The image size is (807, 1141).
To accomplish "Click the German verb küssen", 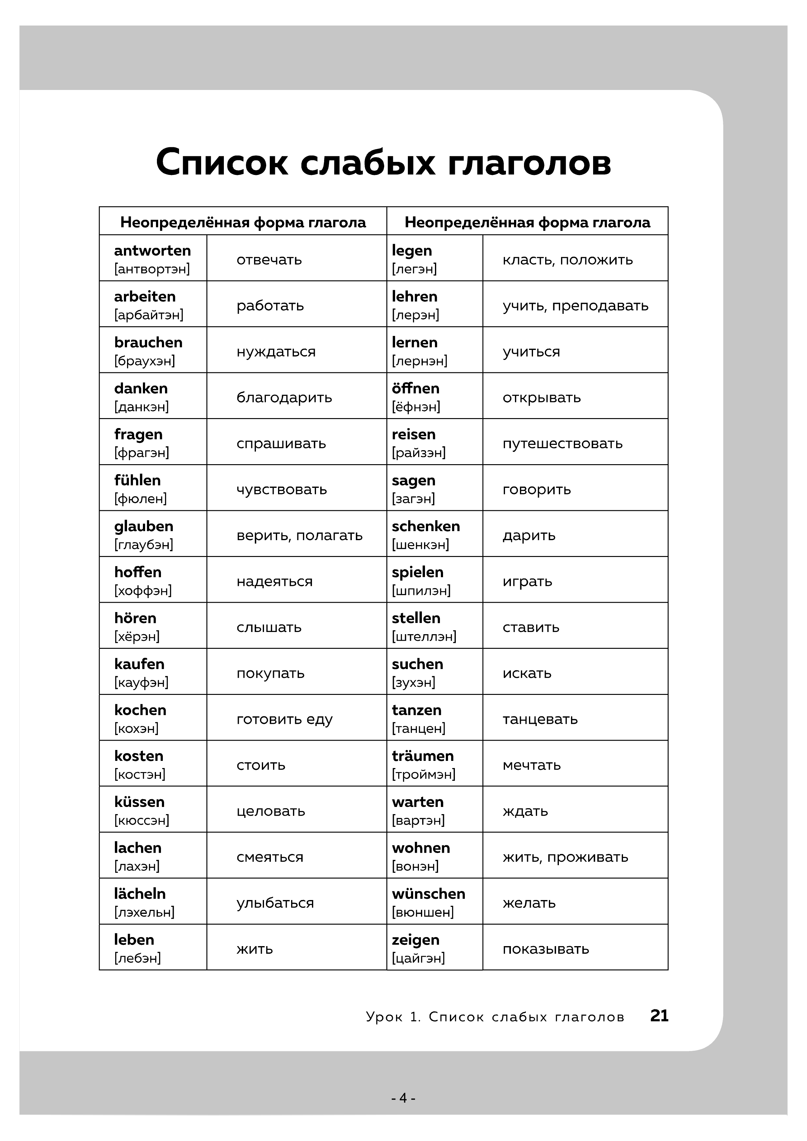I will [x=139, y=802].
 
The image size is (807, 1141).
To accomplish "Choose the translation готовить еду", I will [x=284, y=719].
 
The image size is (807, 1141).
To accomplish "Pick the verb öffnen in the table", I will [x=415, y=388].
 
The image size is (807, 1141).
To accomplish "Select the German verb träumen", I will [x=422, y=756].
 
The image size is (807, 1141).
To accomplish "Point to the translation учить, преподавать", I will [x=575, y=306].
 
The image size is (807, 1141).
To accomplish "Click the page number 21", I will [x=659, y=1016].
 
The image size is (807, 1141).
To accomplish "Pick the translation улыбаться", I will [x=275, y=903].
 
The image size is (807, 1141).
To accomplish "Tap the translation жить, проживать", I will [x=565, y=857].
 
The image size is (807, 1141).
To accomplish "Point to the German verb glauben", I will [x=144, y=526].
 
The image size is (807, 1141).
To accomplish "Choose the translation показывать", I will [x=545, y=949].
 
